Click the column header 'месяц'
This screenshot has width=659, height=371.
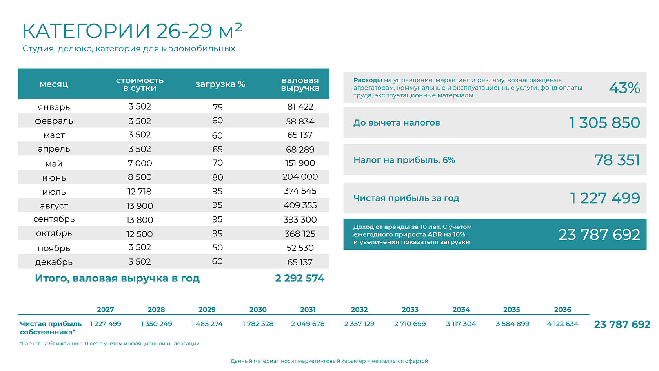pyautogui.click(x=54, y=84)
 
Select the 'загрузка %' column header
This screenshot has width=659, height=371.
pyautogui.click(x=220, y=84)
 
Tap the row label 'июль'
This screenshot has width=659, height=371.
pyautogui.click(x=54, y=192)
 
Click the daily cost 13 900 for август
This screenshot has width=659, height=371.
pyautogui.click(x=140, y=206)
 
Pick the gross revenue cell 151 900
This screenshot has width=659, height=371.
pyautogui.click(x=300, y=163)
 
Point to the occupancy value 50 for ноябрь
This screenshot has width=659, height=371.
pyautogui.click(x=217, y=248)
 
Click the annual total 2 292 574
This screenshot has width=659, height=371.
pyautogui.click(x=300, y=278)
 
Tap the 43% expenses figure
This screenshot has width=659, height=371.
pyautogui.click(x=624, y=88)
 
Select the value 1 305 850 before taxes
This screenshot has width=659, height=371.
pyautogui.click(x=604, y=122)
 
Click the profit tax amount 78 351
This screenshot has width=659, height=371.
pyautogui.click(x=617, y=160)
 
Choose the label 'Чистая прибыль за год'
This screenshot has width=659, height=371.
pyautogui.click(x=406, y=198)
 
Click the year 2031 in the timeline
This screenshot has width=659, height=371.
pyautogui.click(x=308, y=309)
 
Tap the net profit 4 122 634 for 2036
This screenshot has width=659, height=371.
pyautogui.click(x=563, y=324)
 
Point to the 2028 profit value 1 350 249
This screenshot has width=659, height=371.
pyautogui.click(x=156, y=324)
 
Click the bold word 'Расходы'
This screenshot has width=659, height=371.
pyautogui.click(x=368, y=80)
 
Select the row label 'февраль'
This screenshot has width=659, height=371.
pyautogui.click(x=54, y=121)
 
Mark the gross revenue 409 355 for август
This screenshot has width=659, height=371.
pyautogui.click(x=300, y=205)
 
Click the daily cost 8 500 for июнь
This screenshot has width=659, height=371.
pyautogui.click(x=140, y=177)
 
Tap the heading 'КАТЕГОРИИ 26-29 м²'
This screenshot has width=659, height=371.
pyautogui.click(x=132, y=31)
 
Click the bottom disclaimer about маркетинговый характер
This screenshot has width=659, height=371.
pyautogui.click(x=329, y=361)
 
